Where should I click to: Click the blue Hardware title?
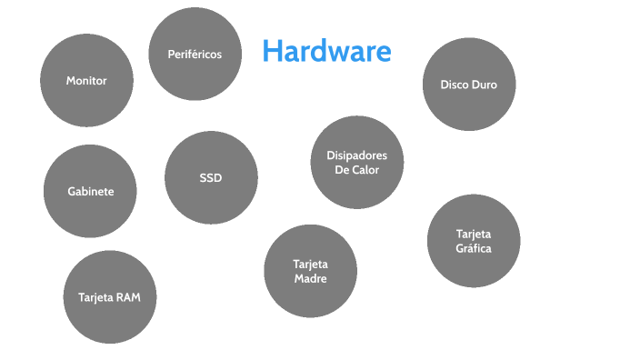pyautogui.click(x=326, y=51)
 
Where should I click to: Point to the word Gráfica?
pyautogui.click(x=474, y=248)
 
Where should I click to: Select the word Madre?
pyautogui.click(x=310, y=279)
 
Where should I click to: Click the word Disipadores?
pyautogui.click(x=356, y=155)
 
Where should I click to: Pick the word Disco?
pyautogui.click(x=455, y=85)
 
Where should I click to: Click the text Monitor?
pyautogui.click(x=86, y=81)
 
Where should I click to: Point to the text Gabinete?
pyautogui.click(x=90, y=192)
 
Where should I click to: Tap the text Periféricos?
pyautogui.click(x=195, y=55)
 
